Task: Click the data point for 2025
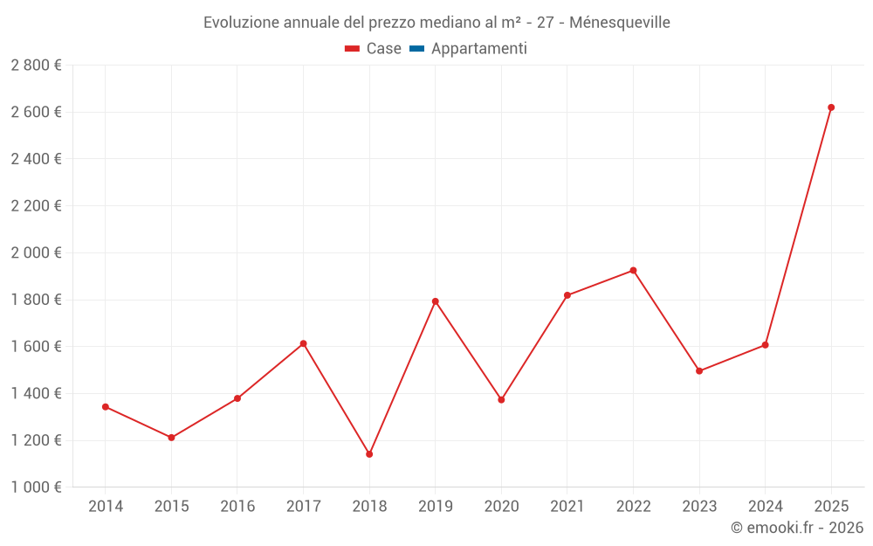point(831,107)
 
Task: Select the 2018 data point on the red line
point(369,454)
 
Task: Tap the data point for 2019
point(436,301)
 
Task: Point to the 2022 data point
point(633,271)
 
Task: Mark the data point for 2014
point(106,407)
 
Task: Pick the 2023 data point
point(699,371)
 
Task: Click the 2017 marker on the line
point(303,343)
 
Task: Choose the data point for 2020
point(501,400)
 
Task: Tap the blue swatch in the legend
point(416,49)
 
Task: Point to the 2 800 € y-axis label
point(37,66)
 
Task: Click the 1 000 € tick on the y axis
point(37,487)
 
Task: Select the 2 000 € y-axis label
point(37,252)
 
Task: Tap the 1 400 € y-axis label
point(37,393)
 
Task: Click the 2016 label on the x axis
point(237,507)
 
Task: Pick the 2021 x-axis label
point(567,507)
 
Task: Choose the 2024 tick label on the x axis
point(765,507)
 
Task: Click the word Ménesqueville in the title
point(619,23)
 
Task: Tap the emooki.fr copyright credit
point(796,528)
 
